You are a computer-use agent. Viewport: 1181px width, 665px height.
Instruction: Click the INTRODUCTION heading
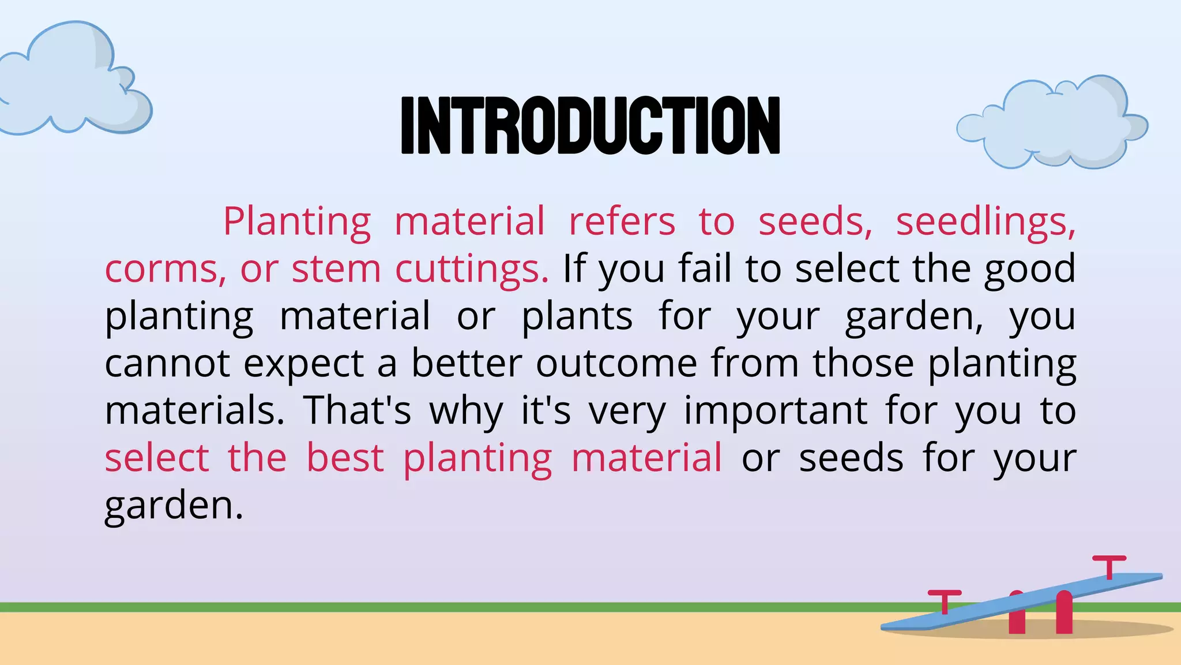click(x=590, y=126)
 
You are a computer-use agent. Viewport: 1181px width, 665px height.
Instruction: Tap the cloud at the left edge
click(x=72, y=81)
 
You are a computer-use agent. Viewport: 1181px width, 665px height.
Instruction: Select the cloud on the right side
click(x=1052, y=124)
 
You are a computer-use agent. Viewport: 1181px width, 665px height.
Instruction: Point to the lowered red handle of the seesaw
click(x=945, y=600)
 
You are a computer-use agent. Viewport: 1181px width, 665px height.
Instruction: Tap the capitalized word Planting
click(x=297, y=222)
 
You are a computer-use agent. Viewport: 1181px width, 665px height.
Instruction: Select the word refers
click(x=622, y=222)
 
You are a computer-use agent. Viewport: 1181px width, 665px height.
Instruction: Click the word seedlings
click(x=985, y=222)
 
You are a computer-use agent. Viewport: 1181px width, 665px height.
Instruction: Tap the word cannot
click(x=167, y=364)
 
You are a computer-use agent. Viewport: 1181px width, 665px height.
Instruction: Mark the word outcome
click(x=616, y=364)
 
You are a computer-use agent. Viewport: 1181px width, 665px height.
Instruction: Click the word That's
click(x=358, y=411)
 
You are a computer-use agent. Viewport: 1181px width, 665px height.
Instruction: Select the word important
click(x=776, y=411)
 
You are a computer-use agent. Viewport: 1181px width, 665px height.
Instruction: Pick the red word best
click(x=345, y=458)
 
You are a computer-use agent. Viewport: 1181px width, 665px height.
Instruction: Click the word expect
click(x=303, y=364)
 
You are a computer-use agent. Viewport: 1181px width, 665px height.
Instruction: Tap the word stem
click(x=336, y=269)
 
